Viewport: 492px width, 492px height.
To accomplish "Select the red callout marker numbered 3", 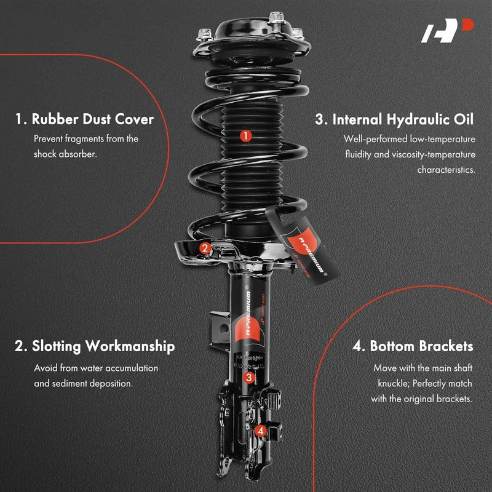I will coord(248,378).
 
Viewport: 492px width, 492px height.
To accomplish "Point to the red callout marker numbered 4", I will coord(261,431).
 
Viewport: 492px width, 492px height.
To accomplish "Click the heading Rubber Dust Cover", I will coord(84,119).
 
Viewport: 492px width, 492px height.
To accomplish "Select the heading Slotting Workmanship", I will coord(95,346).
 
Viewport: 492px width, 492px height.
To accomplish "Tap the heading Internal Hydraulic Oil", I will coord(395,119).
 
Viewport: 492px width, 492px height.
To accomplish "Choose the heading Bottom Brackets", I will coord(413,346).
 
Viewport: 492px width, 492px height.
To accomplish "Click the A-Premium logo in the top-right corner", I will coord(447,31).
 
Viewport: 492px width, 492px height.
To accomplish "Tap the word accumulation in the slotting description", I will coord(130,368).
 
